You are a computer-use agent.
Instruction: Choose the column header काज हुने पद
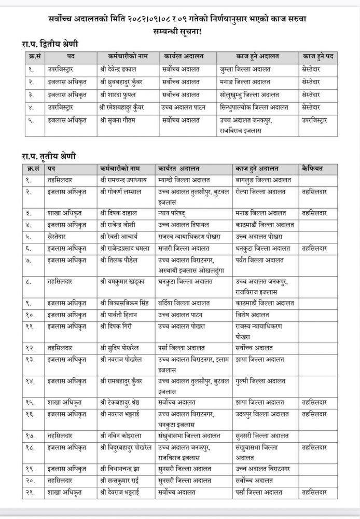pyautogui.click(x=317, y=55)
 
